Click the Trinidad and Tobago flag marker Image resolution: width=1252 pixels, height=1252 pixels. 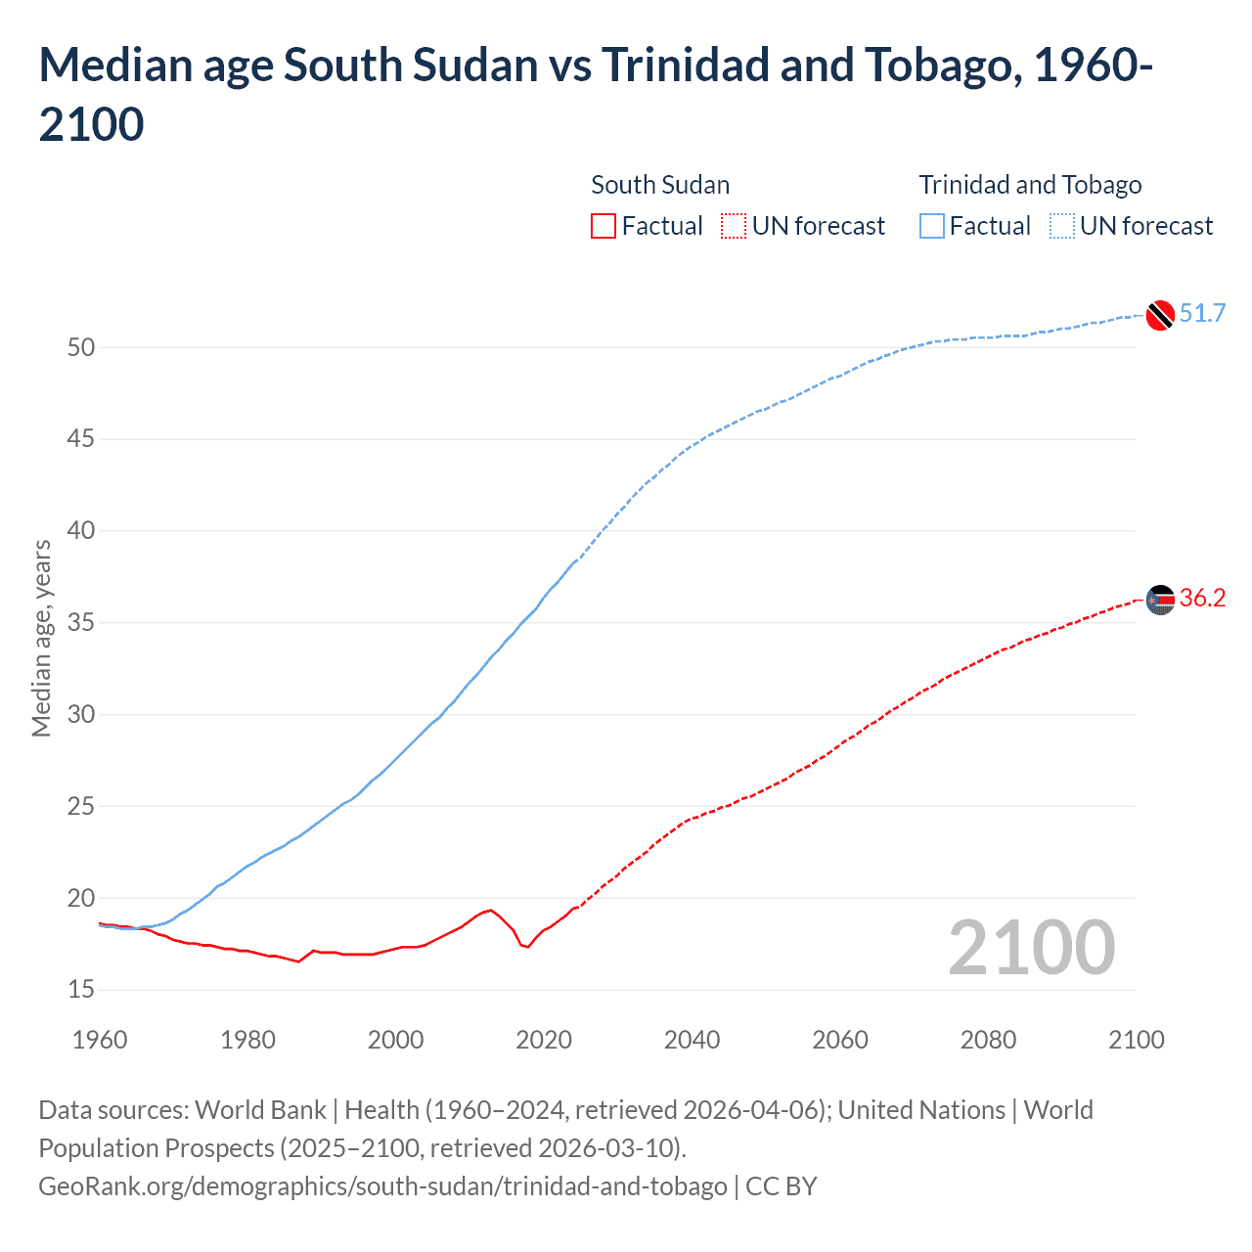(x=1159, y=315)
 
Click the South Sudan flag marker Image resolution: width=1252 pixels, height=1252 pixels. (x=1159, y=599)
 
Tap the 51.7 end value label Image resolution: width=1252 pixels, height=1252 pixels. (x=1202, y=313)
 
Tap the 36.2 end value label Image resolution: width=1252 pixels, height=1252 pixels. (x=1202, y=598)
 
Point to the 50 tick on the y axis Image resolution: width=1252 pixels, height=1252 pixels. (x=81, y=347)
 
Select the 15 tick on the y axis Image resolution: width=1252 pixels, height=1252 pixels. (x=81, y=990)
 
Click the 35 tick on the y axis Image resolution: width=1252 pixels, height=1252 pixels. (x=81, y=623)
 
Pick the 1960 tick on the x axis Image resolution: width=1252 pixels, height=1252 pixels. (x=100, y=1040)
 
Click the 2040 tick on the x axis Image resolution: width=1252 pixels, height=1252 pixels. (x=692, y=1040)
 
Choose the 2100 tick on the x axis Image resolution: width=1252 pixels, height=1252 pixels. (x=1136, y=1040)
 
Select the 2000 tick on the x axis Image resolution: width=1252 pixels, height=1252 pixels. (x=395, y=1040)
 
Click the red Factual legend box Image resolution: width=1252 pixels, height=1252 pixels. (x=604, y=226)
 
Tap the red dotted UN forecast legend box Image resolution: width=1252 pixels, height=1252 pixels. (x=734, y=226)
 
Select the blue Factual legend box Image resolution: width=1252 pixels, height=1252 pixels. (x=932, y=226)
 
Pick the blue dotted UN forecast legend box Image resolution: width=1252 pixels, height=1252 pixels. (x=1061, y=226)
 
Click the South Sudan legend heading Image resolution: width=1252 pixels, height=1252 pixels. (x=660, y=185)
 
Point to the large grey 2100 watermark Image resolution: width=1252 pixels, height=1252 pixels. (x=1031, y=948)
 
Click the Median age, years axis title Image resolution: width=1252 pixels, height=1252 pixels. (x=41, y=638)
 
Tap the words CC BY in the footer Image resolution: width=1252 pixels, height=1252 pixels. (x=781, y=1186)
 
